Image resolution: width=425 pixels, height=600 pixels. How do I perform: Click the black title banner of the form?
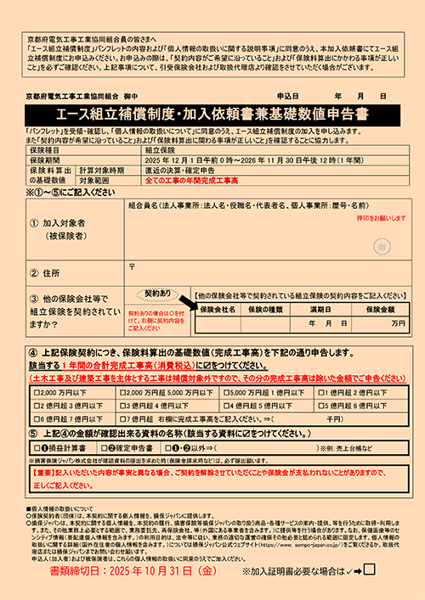tap(212, 113)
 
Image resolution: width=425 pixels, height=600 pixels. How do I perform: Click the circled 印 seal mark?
tap(382, 245)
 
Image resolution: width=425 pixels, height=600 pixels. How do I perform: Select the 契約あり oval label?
tap(158, 293)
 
